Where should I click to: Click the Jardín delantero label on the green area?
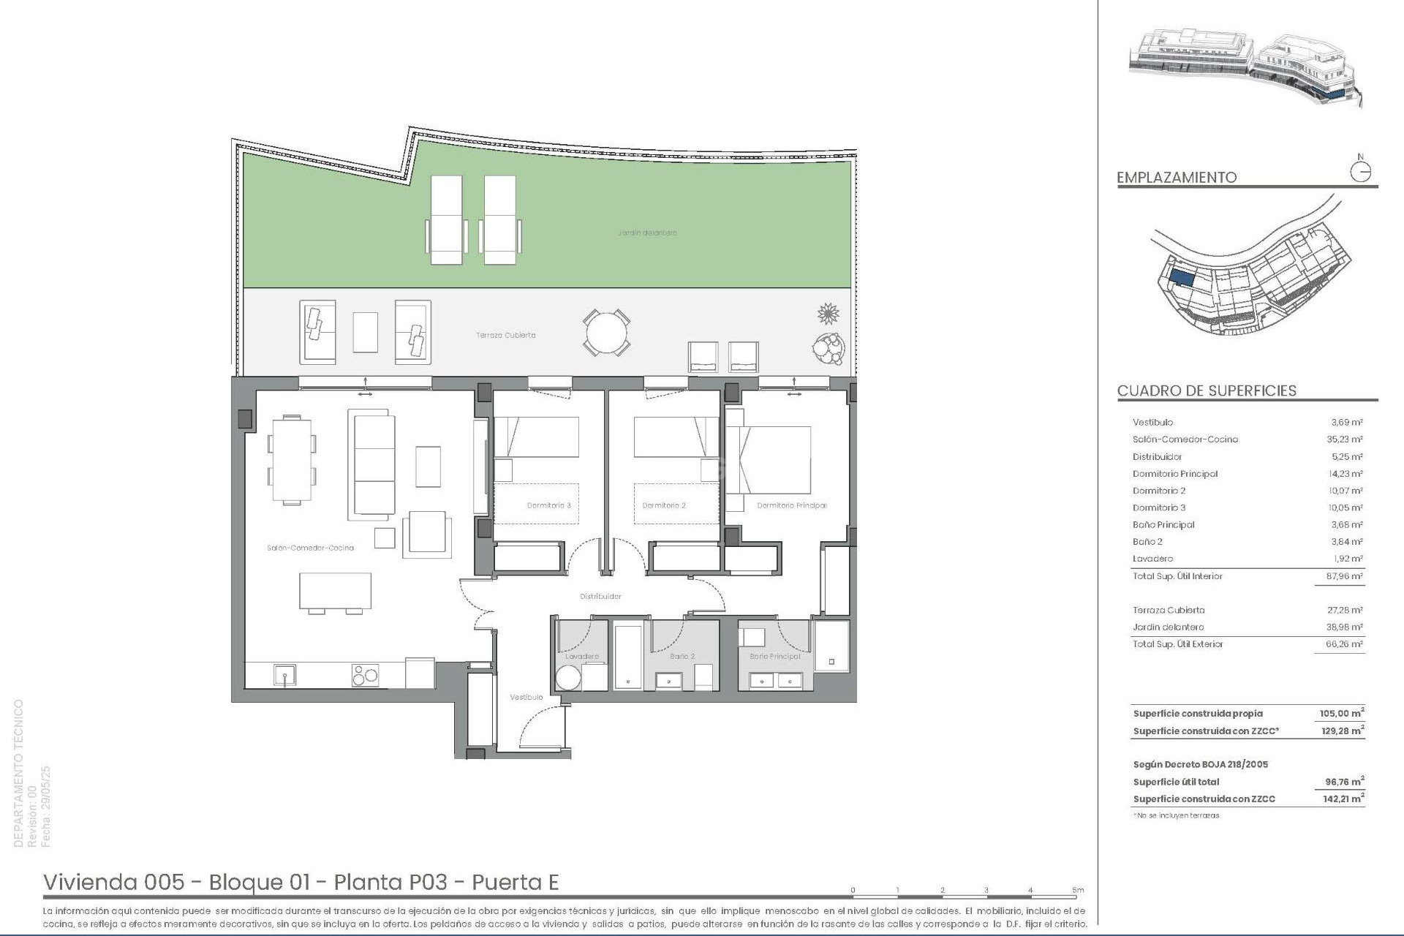pyautogui.click(x=646, y=233)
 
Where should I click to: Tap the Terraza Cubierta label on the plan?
pyautogui.click(x=505, y=336)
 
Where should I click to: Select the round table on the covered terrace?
pyautogui.click(x=606, y=333)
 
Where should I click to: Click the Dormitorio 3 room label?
pyautogui.click(x=548, y=506)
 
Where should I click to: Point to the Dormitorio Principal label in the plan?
pyautogui.click(x=791, y=506)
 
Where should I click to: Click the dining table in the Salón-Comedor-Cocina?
pyautogui.click(x=292, y=459)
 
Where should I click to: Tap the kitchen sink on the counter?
pyautogui.click(x=284, y=675)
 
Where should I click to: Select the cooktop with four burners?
pyautogui.click(x=366, y=675)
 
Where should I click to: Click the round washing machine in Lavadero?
pyautogui.click(x=568, y=678)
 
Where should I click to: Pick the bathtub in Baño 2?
pyautogui.click(x=627, y=656)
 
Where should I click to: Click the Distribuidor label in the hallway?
pyautogui.click(x=600, y=597)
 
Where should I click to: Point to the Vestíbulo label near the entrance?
pyautogui.click(x=526, y=698)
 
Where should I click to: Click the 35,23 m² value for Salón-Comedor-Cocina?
pyautogui.click(x=1346, y=439)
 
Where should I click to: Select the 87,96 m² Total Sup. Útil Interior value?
pyautogui.click(x=1346, y=576)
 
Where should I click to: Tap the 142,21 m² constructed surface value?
pyautogui.click(x=1343, y=799)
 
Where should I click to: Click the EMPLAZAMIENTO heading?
pyautogui.click(x=1177, y=178)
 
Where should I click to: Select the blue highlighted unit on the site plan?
pyautogui.click(x=1182, y=278)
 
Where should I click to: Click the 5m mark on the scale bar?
pyautogui.click(x=1078, y=891)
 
